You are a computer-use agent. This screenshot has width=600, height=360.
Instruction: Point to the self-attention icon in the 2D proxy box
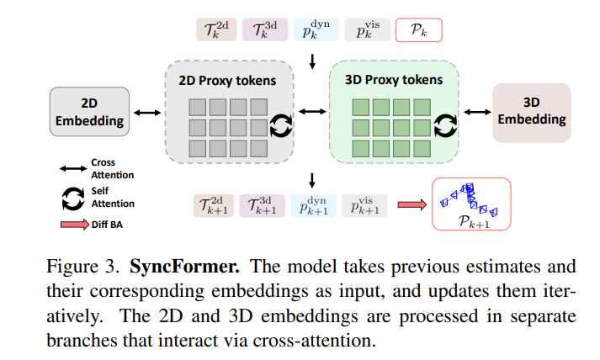pos(280,126)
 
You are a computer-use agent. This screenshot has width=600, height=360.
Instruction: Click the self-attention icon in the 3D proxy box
pos(445,126)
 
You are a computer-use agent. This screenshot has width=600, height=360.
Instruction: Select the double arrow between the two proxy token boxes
pos(312,111)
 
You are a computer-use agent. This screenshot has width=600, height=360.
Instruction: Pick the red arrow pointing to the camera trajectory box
pos(412,204)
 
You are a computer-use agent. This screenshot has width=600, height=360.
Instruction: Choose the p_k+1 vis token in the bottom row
pos(364,205)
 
